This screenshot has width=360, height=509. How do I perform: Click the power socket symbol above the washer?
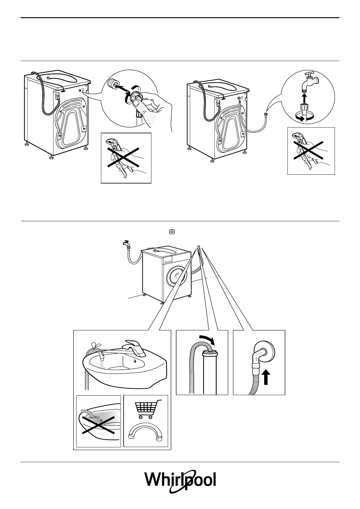click(x=172, y=232)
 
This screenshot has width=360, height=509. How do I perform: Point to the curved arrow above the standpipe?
click(x=207, y=339)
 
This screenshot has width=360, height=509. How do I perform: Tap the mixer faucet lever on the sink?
click(x=133, y=348)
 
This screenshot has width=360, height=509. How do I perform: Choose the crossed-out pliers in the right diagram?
click(x=308, y=151)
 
